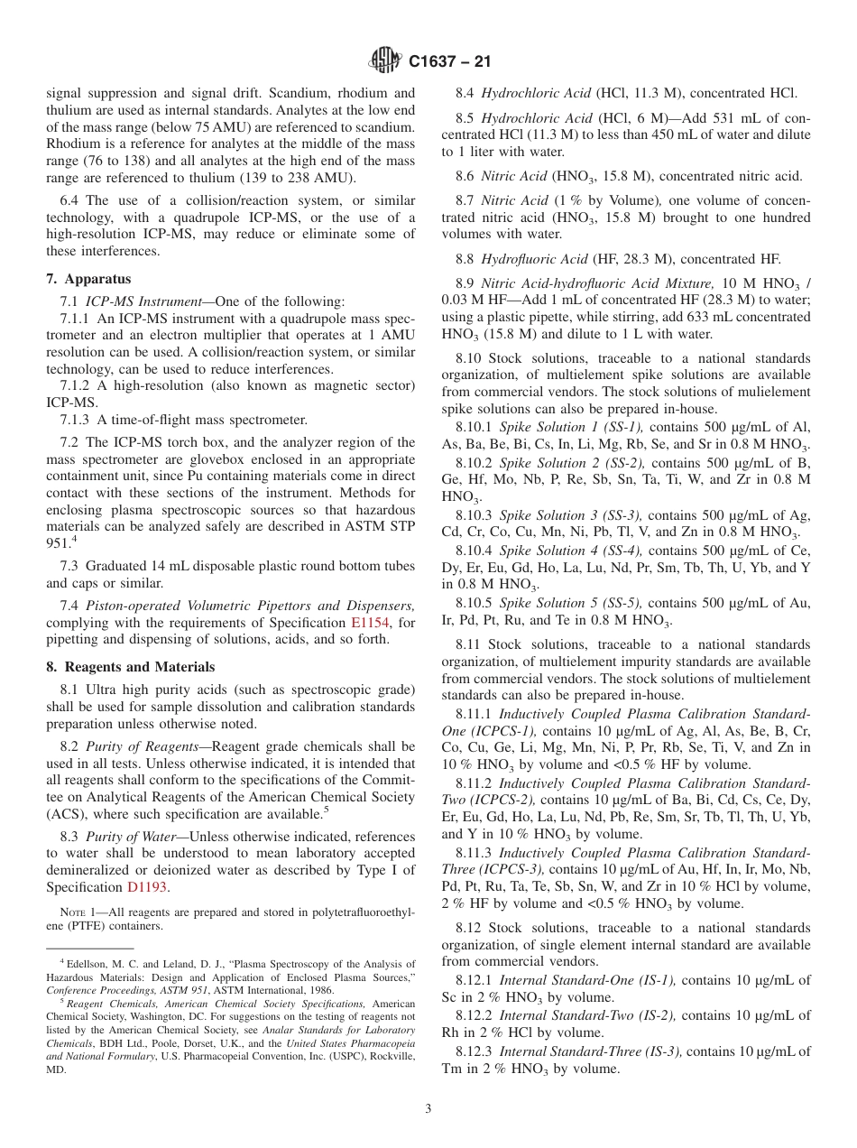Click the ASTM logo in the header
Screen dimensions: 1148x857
tap(385, 61)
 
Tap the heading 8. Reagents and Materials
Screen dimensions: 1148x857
tap(131, 667)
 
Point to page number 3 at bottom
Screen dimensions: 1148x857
tap(428, 1109)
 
